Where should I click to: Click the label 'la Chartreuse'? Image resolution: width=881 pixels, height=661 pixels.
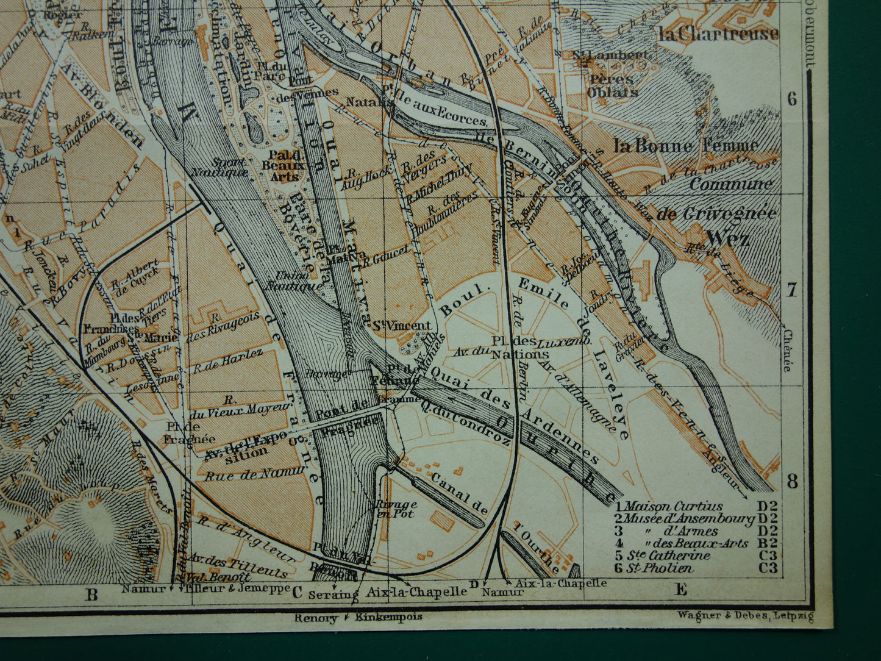point(718,33)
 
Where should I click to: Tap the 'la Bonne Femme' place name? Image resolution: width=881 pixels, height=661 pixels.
point(686,145)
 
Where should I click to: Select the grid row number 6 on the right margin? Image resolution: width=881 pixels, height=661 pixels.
point(791,99)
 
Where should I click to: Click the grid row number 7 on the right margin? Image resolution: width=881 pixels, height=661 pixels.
point(791,290)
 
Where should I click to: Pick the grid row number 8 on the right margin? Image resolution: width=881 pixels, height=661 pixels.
point(791,481)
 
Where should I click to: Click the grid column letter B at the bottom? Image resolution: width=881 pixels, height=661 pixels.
point(91,593)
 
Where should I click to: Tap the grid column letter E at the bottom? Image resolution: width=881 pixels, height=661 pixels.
point(680,588)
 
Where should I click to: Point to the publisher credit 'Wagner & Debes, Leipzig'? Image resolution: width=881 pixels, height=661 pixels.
point(745,616)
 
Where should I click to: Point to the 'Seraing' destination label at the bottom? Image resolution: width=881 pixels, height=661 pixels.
point(333,593)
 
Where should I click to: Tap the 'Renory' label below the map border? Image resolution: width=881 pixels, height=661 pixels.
point(316,617)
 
